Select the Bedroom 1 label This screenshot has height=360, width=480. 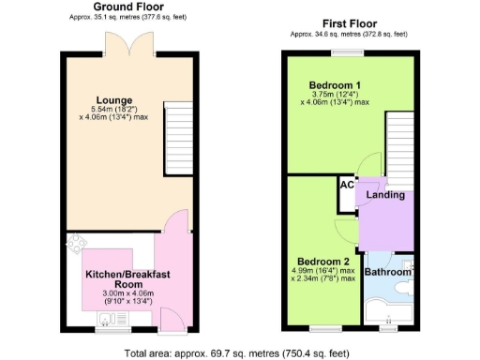(336, 84)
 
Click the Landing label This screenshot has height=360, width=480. (385, 195)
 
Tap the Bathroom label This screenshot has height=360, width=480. (386, 272)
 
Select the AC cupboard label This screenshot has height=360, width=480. (346, 185)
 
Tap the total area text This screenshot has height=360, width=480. (240, 352)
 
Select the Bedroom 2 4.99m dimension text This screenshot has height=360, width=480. (322, 270)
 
